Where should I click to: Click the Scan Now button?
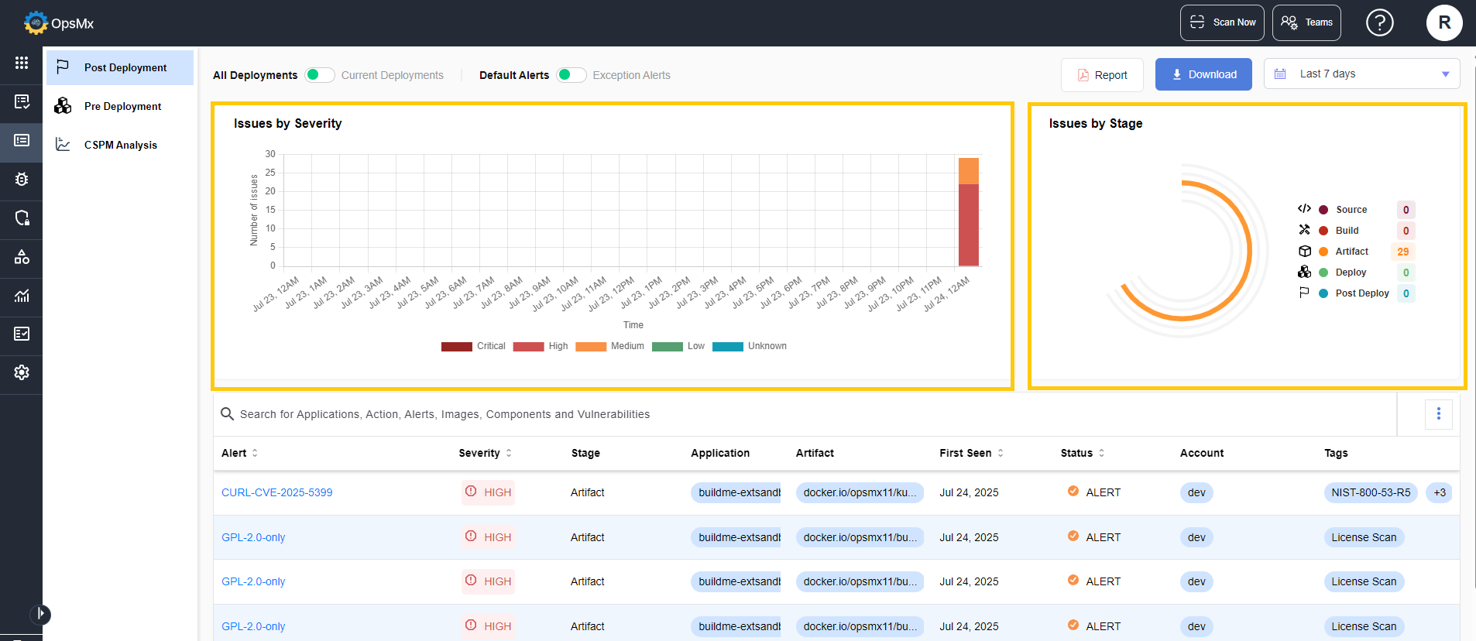[1222, 22]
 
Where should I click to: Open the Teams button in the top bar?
[1306, 22]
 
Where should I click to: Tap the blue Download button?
[1203, 74]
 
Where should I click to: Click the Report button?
[1102, 75]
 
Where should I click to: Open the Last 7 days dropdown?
[1361, 74]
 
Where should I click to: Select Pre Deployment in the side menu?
[122, 106]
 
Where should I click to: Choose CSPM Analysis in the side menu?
[120, 145]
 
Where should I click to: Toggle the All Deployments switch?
[319, 75]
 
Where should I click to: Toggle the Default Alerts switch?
[571, 75]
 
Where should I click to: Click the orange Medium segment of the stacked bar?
[969, 171]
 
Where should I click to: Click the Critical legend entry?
[473, 346]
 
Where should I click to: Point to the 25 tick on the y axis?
[270, 173]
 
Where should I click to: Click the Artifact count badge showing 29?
[1403, 252]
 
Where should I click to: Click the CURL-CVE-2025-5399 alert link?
[277, 492]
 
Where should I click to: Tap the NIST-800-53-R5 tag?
[1371, 492]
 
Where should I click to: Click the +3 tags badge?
[1440, 492]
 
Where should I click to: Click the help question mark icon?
[1380, 22]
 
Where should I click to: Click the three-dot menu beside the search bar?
[1439, 414]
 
